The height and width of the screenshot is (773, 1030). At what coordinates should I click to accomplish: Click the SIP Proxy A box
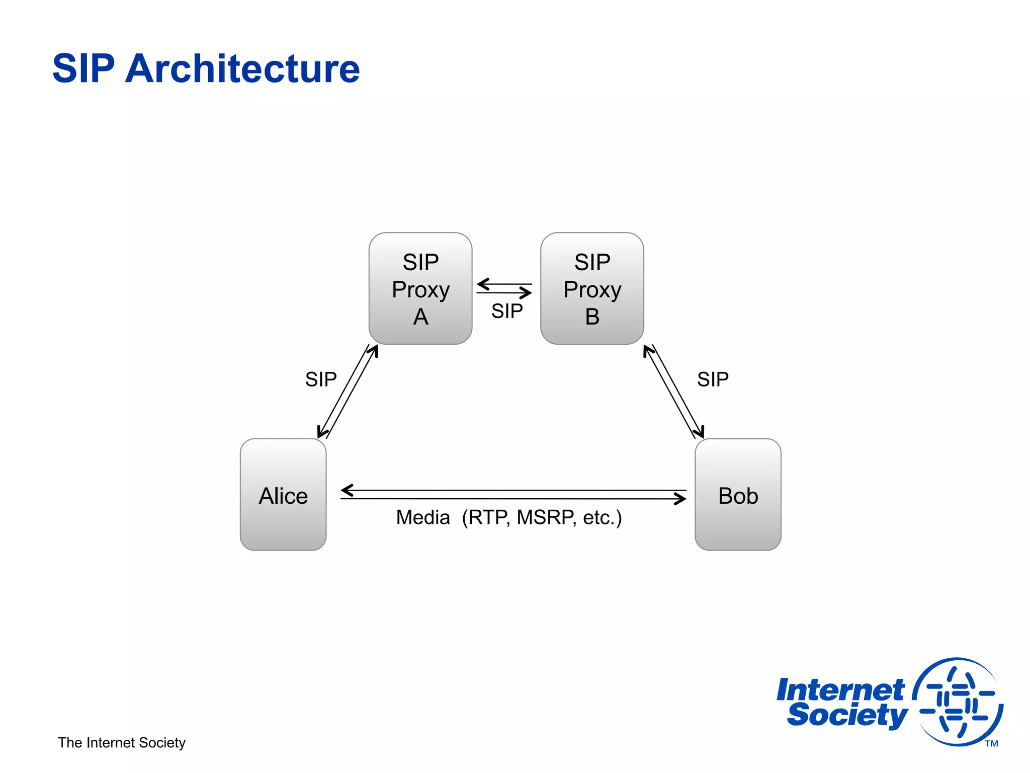tap(420, 288)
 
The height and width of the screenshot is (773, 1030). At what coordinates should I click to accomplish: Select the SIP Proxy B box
tap(592, 288)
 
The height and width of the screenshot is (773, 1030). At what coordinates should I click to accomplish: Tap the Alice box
tap(283, 495)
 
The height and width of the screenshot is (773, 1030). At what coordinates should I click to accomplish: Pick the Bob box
tap(738, 495)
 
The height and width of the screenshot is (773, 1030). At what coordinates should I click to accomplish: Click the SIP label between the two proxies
tap(507, 311)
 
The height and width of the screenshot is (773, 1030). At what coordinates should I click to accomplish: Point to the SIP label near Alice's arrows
tap(321, 379)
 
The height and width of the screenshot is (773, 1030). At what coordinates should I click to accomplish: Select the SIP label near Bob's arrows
tap(713, 379)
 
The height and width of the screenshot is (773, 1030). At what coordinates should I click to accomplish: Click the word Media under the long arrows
tap(422, 517)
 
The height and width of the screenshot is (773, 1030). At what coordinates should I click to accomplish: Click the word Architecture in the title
tap(242, 68)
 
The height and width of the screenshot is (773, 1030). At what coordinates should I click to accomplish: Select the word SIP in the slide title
tap(83, 68)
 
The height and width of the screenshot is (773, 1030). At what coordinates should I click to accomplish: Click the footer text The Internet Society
tap(122, 743)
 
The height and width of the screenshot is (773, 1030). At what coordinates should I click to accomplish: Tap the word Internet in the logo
tap(840, 690)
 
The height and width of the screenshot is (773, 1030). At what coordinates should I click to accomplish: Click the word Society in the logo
tap(847, 715)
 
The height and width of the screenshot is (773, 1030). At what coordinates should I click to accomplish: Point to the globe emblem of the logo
tap(958, 702)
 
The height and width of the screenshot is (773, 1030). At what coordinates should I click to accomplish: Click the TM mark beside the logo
tap(991, 744)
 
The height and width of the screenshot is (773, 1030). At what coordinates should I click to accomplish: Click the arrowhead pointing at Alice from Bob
tap(347, 490)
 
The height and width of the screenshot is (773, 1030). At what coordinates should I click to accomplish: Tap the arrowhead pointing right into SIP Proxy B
tap(527, 292)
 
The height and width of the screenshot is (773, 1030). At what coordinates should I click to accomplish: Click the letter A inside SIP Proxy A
tap(420, 317)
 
